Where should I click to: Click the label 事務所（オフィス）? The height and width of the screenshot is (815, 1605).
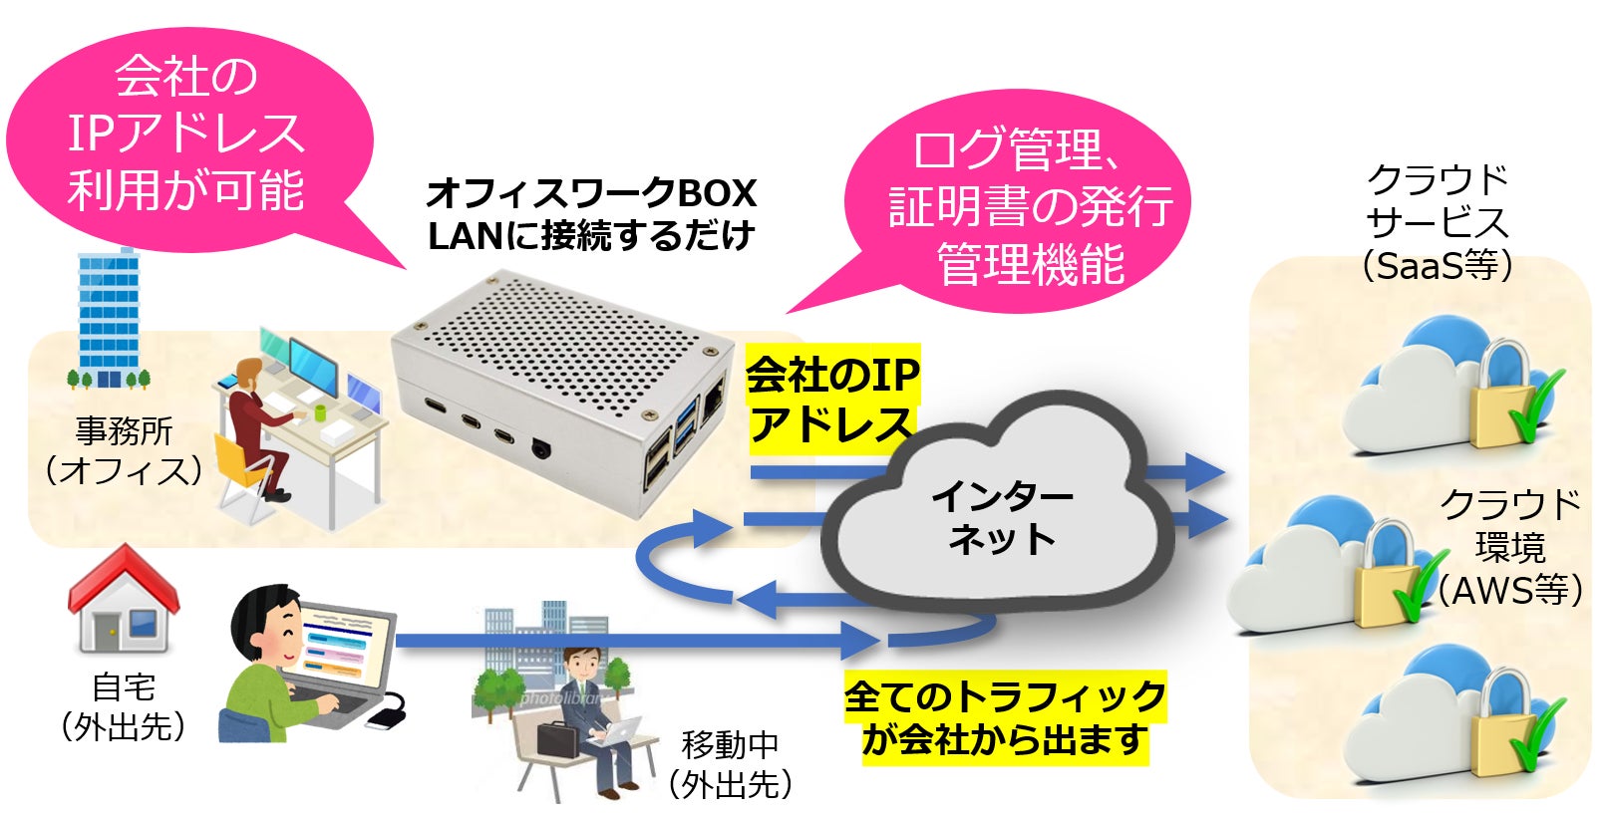tap(124, 451)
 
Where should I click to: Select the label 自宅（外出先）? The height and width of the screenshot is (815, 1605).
tap(124, 707)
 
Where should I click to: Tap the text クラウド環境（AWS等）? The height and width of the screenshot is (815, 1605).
tap(1509, 548)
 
